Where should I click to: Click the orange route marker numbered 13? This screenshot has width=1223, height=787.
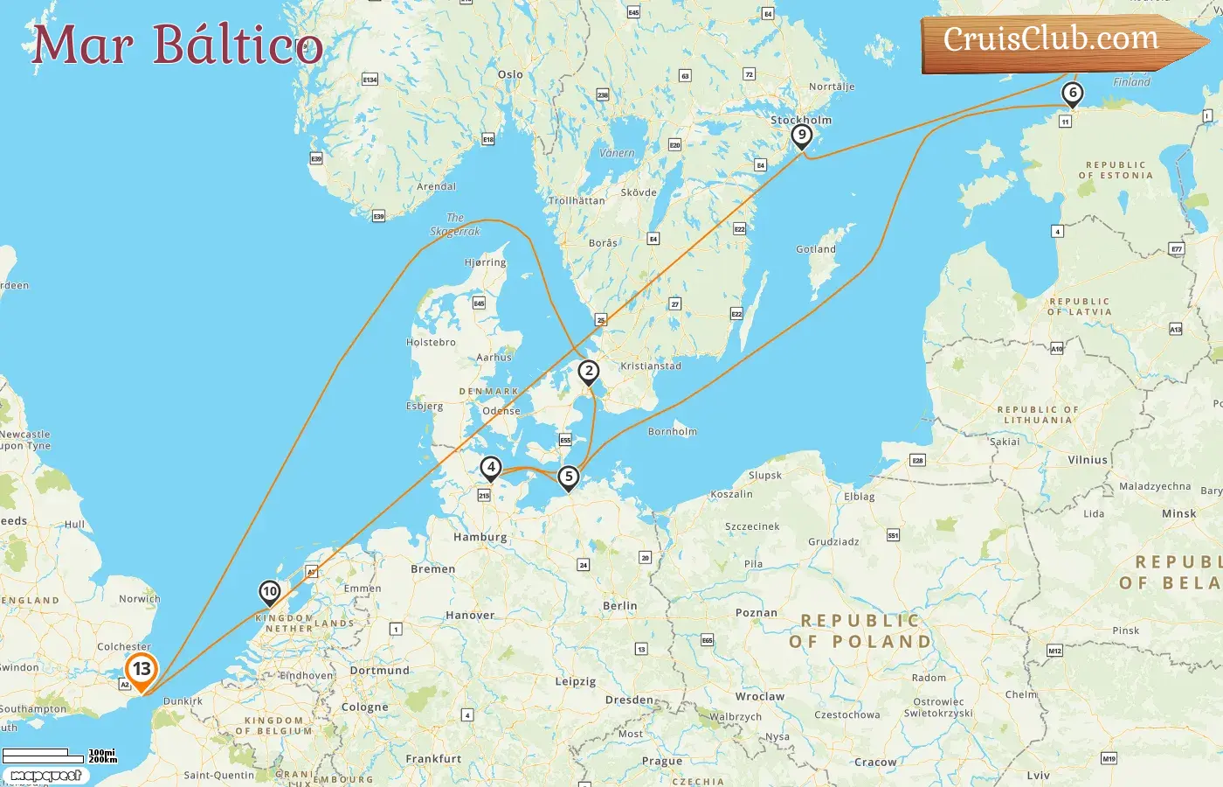click(x=142, y=670)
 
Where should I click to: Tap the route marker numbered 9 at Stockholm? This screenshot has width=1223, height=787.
click(x=801, y=135)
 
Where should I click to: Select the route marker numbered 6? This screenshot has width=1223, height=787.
click(x=1073, y=93)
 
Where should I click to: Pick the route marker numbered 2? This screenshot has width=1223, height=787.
click(x=589, y=372)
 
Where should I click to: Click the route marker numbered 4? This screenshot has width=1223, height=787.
click(x=491, y=468)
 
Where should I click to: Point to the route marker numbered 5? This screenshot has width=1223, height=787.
click(x=569, y=477)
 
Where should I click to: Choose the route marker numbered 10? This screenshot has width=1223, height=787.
click(x=270, y=592)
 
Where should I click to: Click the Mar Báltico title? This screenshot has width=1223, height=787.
click(x=177, y=45)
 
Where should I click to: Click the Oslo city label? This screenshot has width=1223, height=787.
click(x=510, y=74)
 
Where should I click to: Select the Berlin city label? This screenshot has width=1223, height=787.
click(x=620, y=606)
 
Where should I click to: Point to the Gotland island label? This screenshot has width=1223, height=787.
click(x=816, y=249)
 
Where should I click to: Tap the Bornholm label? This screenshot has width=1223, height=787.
click(x=673, y=432)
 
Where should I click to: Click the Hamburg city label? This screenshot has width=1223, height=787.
click(x=480, y=537)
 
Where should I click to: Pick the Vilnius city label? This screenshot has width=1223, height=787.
click(x=1088, y=460)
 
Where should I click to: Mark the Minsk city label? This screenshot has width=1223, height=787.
click(x=1178, y=514)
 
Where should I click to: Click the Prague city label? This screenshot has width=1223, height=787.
click(x=662, y=761)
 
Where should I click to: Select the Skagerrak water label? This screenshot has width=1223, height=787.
click(x=455, y=226)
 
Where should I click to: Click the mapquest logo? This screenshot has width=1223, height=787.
click(x=45, y=776)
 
